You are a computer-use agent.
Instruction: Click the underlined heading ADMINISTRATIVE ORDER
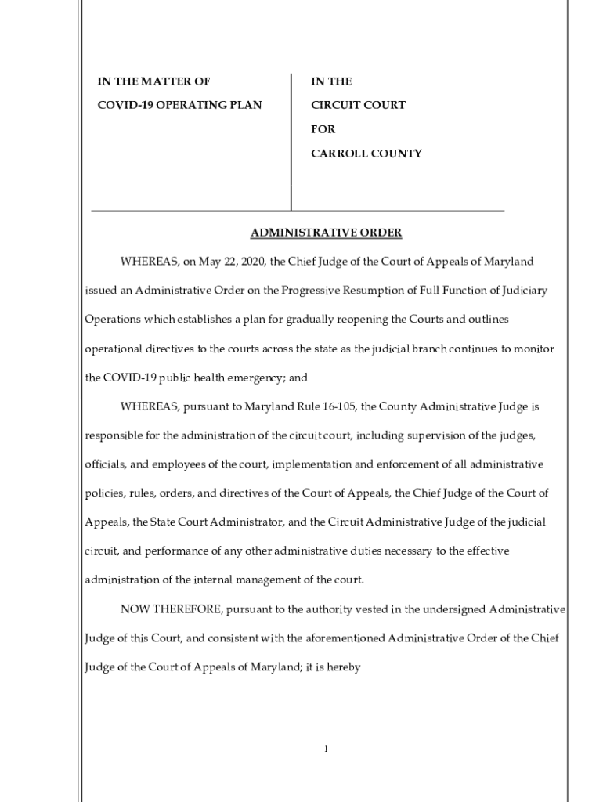[x=326, y=233]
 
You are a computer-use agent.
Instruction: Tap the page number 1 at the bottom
[x=326, y=750]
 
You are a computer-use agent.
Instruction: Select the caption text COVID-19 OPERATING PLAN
[x=179, y=105]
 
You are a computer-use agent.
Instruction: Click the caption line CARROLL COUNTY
[x=366, y=154]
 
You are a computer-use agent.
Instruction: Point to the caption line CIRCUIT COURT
[x=358, y=105]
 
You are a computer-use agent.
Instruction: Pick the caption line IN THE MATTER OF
[x=153, y=81]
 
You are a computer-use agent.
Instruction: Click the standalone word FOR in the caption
[x=323, y=129]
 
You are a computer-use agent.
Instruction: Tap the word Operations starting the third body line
[x=112, y=319]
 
